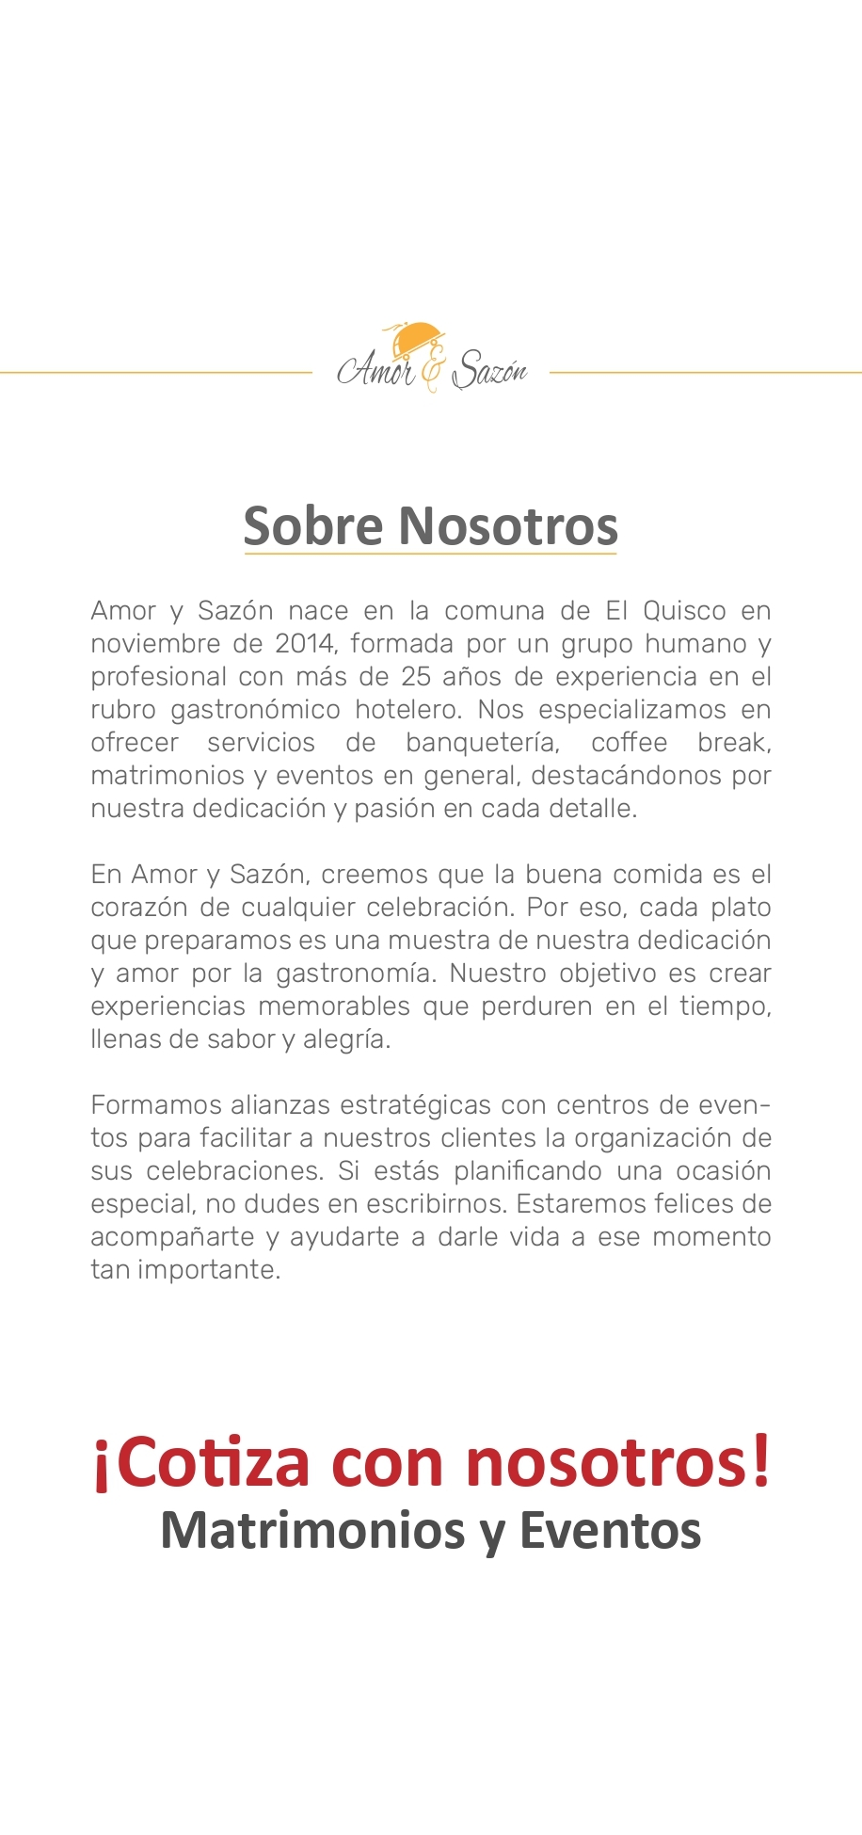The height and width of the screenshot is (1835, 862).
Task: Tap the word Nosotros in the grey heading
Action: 508,525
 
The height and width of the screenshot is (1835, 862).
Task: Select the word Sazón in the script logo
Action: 489,371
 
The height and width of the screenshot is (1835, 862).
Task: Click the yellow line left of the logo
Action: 155,373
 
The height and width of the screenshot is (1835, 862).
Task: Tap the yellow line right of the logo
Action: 705,373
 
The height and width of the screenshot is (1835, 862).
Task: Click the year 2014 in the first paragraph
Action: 305,644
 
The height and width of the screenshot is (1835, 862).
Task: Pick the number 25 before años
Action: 416,677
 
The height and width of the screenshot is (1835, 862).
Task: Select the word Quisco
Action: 684,611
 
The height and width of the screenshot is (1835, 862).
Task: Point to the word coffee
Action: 629,743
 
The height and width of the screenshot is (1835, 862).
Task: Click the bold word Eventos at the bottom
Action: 610,1530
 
